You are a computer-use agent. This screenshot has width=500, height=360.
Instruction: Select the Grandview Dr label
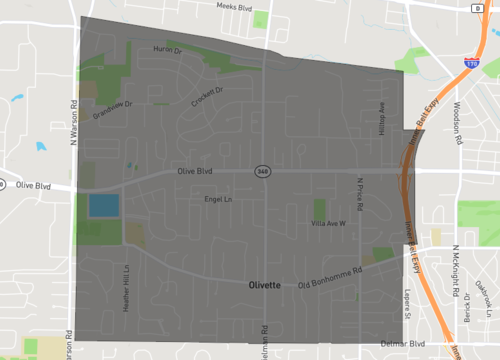[x=113, y=110]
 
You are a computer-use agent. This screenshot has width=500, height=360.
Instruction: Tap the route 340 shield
[x=262, y=171]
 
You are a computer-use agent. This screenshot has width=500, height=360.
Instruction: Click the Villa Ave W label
[x=328, y=223]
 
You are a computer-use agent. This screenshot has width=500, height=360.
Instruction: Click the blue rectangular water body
[x=103, y=206]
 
